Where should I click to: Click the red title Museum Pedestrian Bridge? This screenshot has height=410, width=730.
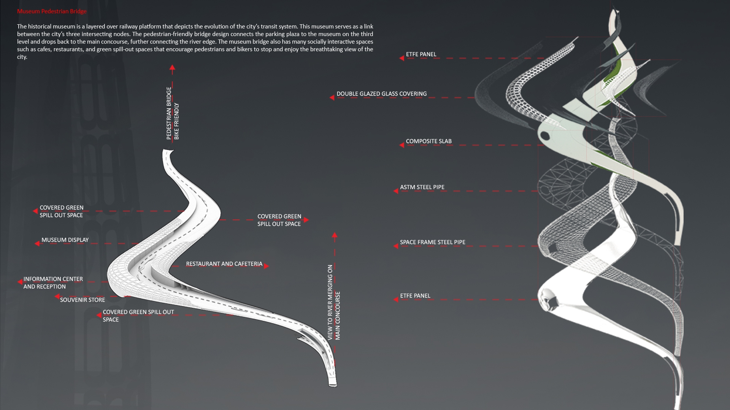[52, 11]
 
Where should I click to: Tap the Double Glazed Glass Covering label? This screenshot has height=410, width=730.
[381, 94]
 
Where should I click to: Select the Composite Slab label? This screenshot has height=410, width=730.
[428, 141]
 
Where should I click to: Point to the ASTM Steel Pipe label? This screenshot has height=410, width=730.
[422, 187]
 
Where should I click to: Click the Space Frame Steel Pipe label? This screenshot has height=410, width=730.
[432, 242]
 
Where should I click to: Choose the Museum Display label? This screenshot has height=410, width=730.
[65, 240]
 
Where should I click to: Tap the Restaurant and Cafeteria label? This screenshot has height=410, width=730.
[224, 264]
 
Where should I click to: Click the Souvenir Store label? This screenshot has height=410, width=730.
[83, 300]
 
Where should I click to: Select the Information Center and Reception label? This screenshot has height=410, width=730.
[53, 283]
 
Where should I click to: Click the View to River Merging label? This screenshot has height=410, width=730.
[334, 302]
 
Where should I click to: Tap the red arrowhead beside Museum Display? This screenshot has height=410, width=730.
[37, 243]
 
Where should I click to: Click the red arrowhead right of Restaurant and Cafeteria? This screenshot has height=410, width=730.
[266, 266]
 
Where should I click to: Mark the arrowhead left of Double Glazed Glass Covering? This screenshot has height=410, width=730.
[332, 98]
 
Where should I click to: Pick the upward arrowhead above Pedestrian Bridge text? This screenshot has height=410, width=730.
[172, 68]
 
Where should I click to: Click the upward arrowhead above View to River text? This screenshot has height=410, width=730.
[335, 235]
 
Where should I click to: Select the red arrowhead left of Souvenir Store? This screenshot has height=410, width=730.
[57, 297]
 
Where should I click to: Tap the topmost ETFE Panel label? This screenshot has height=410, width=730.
[421, 54]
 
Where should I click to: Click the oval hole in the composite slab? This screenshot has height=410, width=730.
[545, 135]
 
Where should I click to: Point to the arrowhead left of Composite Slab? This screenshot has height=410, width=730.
[401, 145]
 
